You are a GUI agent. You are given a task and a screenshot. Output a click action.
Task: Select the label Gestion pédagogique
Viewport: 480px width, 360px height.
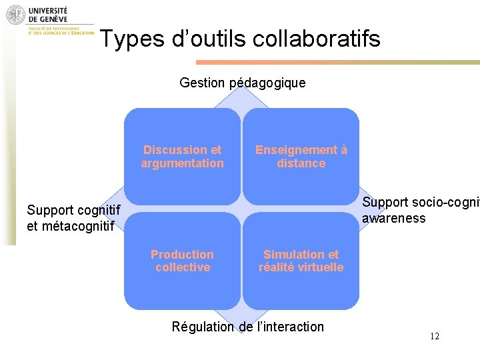pyautogui.click(x=243, y=83)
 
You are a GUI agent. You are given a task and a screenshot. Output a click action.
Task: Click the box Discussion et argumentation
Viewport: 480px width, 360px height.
pyautogui.click(x=182, y=156)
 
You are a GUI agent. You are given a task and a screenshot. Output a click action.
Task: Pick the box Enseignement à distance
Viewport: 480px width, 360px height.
pyautogui.click(x=301, y=156)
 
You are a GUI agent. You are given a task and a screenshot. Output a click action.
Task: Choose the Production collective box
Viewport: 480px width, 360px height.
pyautogui.click(x=182, y=261)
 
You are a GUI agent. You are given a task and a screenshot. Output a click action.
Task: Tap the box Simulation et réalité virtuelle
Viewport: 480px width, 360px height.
pyautogui.click(x=301, y=261)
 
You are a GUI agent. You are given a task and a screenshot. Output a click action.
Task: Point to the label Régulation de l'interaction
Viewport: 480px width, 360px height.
pyautogui.click(x=248, y=327)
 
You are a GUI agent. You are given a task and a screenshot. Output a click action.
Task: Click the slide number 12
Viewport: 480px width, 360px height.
pyautogui.click(x=434, y=336)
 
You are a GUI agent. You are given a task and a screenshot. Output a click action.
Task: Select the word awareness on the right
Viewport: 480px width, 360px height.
pyautogui.click(x=393, y=218)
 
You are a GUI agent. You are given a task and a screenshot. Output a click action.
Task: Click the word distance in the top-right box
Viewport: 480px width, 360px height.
pyautogui.click(x=301, y=163)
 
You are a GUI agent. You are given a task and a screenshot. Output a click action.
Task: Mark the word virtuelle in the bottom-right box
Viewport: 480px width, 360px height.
pyautogui.click(x=321, y=267)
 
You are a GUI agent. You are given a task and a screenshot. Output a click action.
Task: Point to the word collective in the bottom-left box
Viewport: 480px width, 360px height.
pyautogui.click(x=182, y=267)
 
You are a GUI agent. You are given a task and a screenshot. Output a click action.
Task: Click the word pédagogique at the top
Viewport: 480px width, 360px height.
pyautogui.click(x=267, y=83)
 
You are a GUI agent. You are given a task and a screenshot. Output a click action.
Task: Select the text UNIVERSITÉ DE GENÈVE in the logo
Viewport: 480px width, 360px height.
pyautogui.click(x=48, y=15)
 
